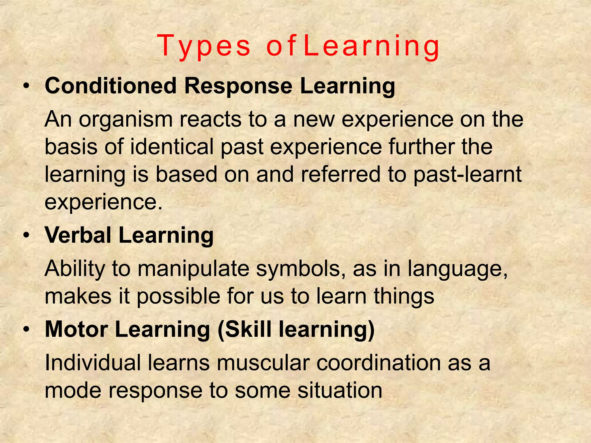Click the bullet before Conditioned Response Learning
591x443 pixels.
click(27, 86)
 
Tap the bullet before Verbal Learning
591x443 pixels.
click(27, 236)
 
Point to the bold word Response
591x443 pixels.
click(238, 86)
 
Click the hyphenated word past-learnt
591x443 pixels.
click(467, 175)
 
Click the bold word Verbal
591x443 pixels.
click(78, 235)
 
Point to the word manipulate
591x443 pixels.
click(193, 269)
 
